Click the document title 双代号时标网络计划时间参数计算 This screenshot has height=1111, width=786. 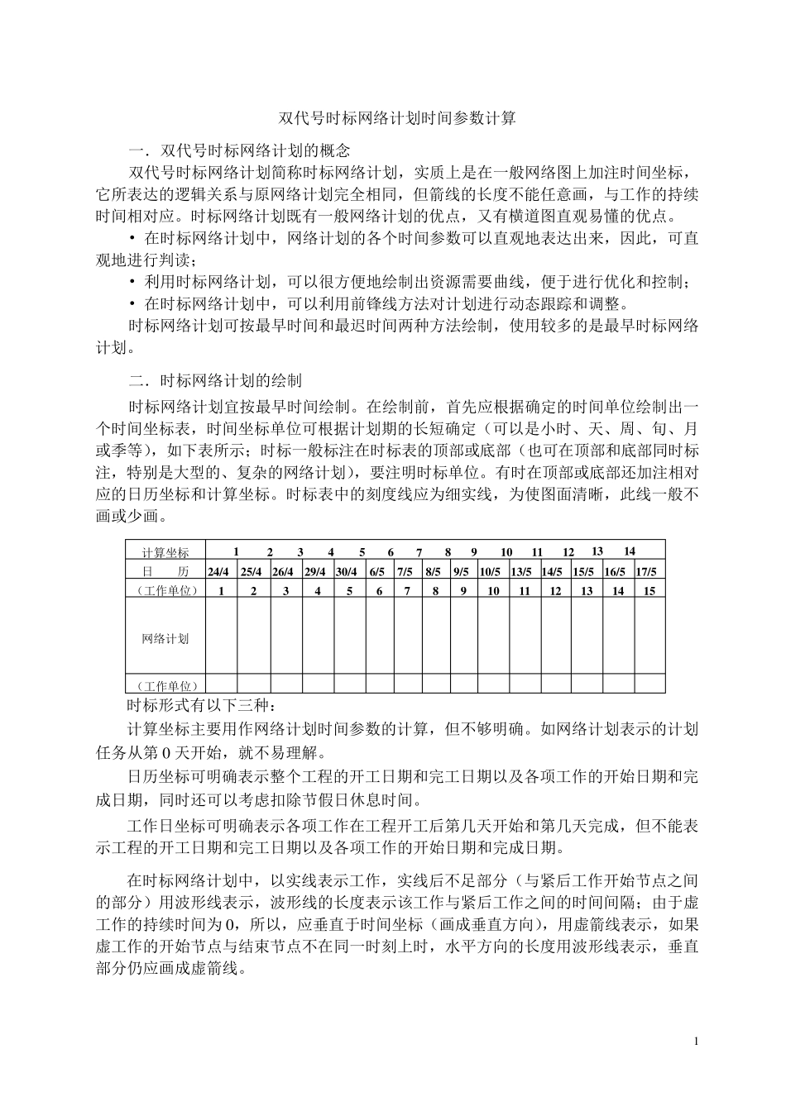coord(397,118)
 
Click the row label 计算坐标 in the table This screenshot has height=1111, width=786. coord(165,552)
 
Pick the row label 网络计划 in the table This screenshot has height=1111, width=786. coord(165,638)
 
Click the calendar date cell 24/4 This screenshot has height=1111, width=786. coord(219,571)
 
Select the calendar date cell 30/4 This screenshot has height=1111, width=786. coord(347,571)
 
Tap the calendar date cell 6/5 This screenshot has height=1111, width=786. coord(377,571)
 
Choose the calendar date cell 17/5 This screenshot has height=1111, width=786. coord(646,571)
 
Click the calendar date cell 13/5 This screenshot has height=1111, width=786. coord(521,571)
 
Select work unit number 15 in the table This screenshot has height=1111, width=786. coord(649,590)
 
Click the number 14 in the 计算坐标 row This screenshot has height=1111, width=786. coord(630,551)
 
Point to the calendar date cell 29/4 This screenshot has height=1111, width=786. coord(314,571)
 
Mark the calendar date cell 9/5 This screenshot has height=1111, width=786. coord(461,571)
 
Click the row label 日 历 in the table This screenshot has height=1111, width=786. coord(165,571)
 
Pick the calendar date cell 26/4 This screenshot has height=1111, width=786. coord(283,571)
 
